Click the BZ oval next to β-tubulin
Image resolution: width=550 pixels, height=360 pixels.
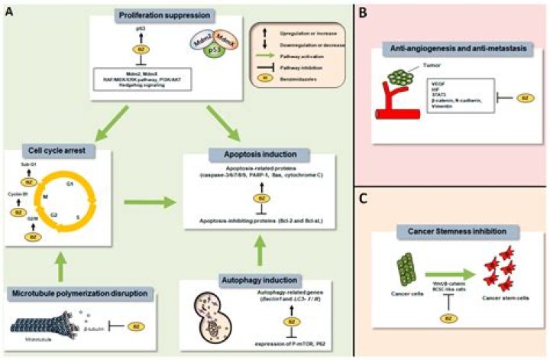pyautogui.click(x=135, y=325)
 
